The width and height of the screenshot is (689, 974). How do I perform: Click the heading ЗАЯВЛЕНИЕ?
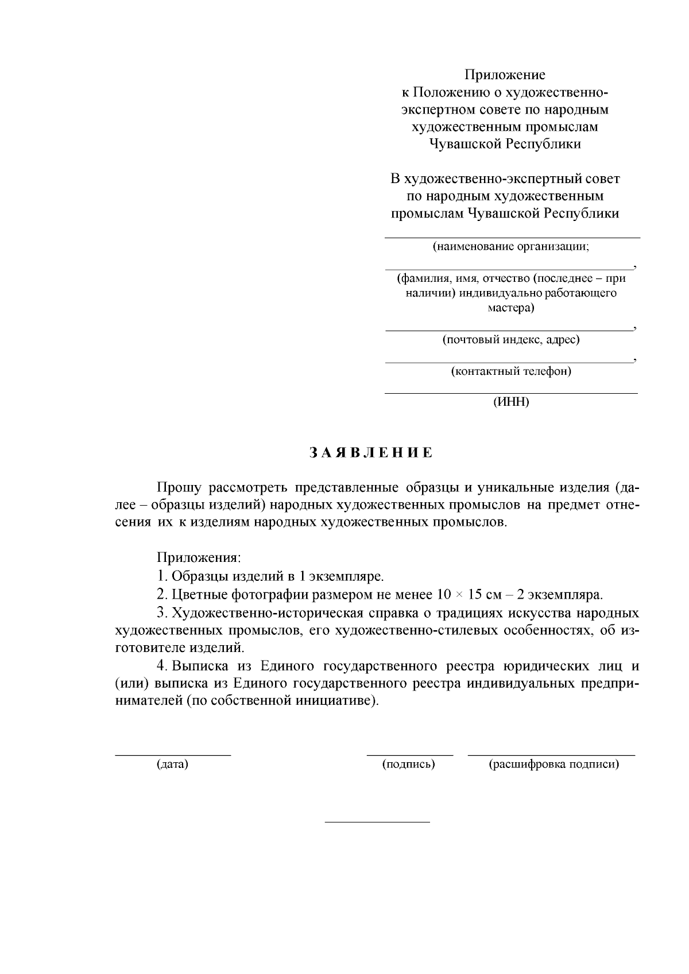pos(371,453)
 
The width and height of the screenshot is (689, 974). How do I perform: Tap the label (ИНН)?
pos(511,402)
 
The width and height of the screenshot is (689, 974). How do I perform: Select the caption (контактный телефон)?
pos(511,371)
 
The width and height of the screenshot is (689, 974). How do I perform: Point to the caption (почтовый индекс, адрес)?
pos(511,340)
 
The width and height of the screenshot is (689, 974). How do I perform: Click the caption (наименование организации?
pos(511,247)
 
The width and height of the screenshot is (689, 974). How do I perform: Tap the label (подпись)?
pos(409,765)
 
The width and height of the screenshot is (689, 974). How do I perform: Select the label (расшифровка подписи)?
pos(553,765)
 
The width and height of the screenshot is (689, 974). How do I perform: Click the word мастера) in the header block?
pos(511,308)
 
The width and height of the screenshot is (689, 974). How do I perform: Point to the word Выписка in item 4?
pos(200,666)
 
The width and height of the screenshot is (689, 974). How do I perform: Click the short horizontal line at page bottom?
pos(377,822)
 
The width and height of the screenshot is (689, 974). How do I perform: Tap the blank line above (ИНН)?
pos(511,393)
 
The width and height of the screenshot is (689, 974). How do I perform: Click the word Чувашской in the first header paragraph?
pos(465,144)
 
